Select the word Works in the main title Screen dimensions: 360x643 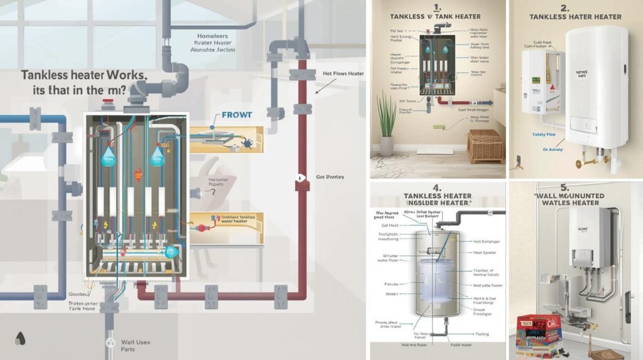[x=124, y=75]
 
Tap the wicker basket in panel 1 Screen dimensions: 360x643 [x=485, y=145]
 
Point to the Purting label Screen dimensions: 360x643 [x=483, y=334]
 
